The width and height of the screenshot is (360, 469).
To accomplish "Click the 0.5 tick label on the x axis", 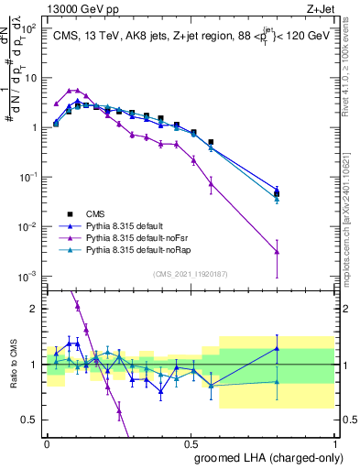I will coord(191,442).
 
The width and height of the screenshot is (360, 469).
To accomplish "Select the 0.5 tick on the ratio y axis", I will coord(32,420).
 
